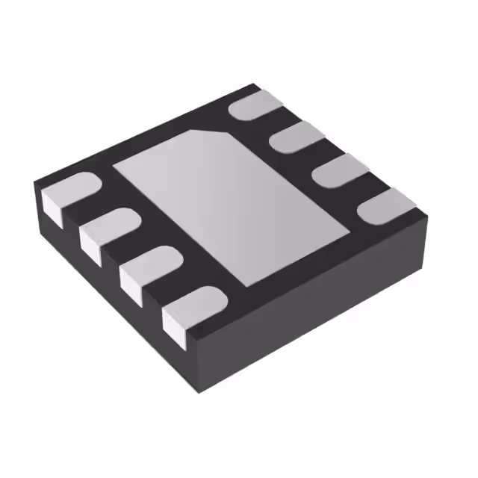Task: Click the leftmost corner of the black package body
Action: coord(36,184)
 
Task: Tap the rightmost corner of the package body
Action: coord(428,217)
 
